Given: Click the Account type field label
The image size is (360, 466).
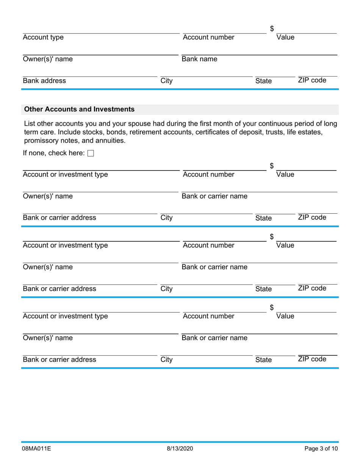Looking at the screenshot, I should coord(43,38).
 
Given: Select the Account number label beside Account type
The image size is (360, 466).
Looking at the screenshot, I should coord(208,38).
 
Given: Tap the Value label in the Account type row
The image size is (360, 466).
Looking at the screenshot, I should coord(285,38).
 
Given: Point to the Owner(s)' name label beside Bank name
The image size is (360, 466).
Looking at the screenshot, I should coord(48,59).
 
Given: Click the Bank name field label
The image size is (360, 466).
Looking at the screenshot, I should coord(199,59).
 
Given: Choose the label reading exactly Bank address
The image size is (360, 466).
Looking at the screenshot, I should coord(44,81).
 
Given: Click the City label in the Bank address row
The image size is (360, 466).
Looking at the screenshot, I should coord(166,81).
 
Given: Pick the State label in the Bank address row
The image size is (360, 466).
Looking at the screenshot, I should coord(263,81).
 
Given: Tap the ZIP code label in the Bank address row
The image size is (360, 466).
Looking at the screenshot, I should coord(312,80).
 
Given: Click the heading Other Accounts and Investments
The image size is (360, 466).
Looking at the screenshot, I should coord(79,109).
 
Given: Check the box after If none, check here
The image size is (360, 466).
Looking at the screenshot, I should coord(91,153).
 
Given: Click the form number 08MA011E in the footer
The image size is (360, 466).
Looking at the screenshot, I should coord(37,449).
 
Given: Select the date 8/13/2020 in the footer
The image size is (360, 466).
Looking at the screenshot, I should coord(180,449).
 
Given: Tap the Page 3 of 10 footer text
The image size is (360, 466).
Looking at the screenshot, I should coord(321,449).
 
